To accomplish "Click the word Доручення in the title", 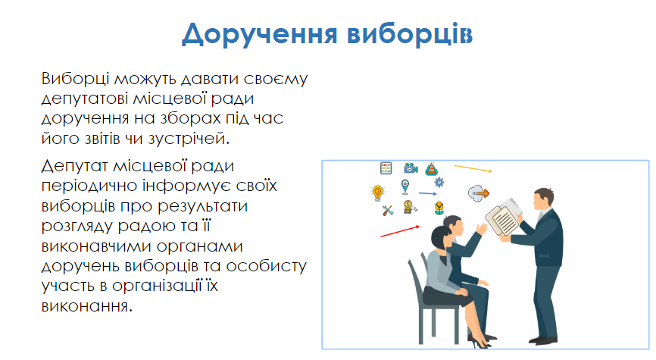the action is click(259, 34).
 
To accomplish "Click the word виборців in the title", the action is click(410, 33).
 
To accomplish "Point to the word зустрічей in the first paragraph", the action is click(189, 139).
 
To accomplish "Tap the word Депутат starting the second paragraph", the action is click(74, 167).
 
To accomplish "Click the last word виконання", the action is click(86, 306).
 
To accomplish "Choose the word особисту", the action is click(266, 266).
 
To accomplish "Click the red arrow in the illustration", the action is click(400, 231).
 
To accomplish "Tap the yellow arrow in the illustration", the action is click(473, 168).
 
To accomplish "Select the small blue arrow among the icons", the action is click(427, 193).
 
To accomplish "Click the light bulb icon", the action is click(378, 193).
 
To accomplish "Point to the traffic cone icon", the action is click(431, 169).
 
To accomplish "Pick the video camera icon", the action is click(411, 168).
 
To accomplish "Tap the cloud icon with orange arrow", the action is click(479, 193).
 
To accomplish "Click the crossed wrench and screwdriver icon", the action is click(388, 210).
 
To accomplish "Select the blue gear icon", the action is click(439, 182).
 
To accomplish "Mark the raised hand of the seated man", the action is click(482, 230).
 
